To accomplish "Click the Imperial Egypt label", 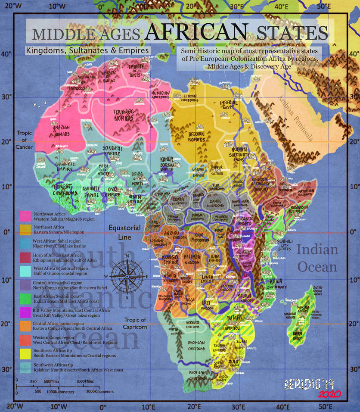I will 228,105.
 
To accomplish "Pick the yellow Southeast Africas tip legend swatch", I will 25,353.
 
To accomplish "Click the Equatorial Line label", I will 124,232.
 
